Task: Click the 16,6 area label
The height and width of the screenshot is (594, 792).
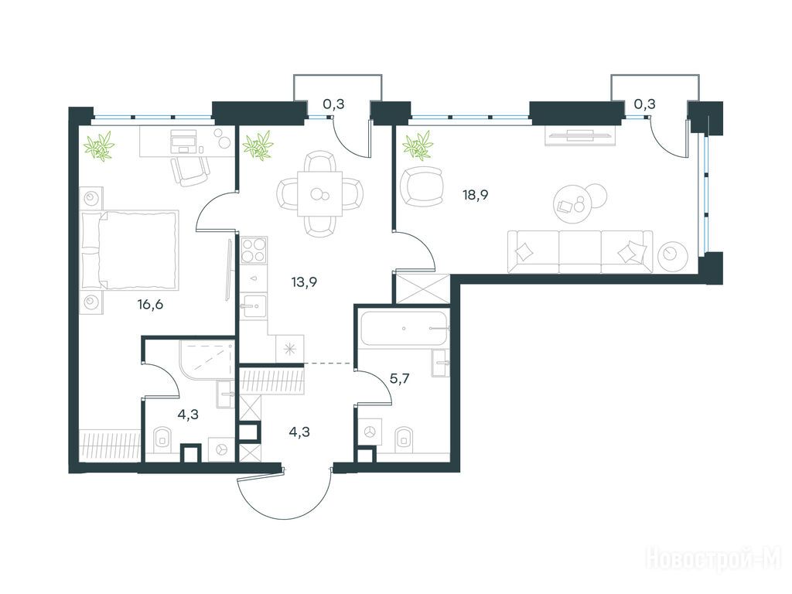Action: tap(150, 305)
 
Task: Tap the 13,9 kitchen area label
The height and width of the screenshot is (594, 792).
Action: tap(304, 282)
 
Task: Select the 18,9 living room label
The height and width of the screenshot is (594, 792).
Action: tap(476, 195)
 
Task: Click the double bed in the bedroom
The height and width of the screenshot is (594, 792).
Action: tap(130, 250)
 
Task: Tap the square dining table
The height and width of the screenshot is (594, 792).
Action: tap(319, 194)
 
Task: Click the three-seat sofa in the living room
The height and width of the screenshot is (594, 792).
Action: tap(580, 251)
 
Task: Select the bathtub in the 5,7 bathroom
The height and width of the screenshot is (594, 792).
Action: tap(404, 328)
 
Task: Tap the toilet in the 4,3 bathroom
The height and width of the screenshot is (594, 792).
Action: tap(162, 439)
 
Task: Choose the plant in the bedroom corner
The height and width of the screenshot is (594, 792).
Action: tap(100, 145)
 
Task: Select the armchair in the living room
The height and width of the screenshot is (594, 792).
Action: tap(422, 186)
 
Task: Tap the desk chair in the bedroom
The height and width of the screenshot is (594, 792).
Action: tap(190, 171)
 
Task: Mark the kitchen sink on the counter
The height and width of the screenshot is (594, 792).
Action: tap(253, 306)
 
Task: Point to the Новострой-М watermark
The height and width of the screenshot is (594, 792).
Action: tap(715, 560)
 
